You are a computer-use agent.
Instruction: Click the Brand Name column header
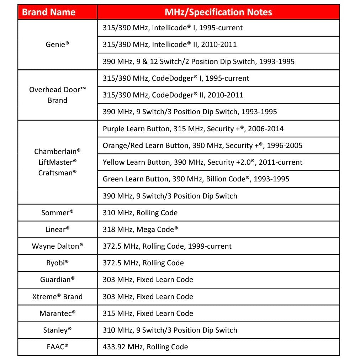point(49,12)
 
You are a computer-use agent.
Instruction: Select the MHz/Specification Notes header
point(218,12)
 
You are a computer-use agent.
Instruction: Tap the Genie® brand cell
point(57,44)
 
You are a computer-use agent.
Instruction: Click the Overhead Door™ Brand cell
point(57,95)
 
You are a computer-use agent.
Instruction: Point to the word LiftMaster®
point(57,162)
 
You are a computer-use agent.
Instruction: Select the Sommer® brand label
point(57,213)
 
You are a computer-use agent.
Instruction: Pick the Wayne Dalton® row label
point(57,246)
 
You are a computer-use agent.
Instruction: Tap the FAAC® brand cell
point(57,347)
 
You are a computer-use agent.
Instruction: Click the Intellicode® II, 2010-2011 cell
point(170,44)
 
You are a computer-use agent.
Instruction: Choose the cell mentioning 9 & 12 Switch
point(198,62)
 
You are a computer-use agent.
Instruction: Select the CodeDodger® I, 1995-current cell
point(176,78)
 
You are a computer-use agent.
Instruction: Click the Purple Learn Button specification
point(193,129)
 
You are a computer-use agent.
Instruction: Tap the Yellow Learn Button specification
point(202,162)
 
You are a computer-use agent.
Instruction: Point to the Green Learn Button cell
point(196,179)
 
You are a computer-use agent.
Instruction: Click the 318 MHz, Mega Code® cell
point(141,229)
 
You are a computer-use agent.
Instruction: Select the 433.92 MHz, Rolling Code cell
point(145,347)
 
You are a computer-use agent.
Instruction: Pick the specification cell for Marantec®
point(148,313)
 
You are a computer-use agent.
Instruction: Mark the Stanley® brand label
point(57,330)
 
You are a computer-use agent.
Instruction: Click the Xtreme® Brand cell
point(57,297)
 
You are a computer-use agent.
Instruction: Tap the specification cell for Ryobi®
point(143,263)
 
